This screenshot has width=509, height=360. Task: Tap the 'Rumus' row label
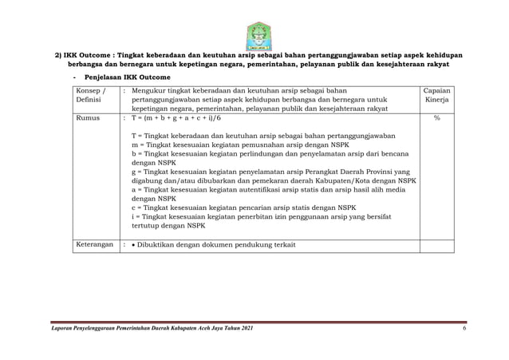[x=88, y=117]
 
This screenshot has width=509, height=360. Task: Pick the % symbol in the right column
[x=436, y=117]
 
